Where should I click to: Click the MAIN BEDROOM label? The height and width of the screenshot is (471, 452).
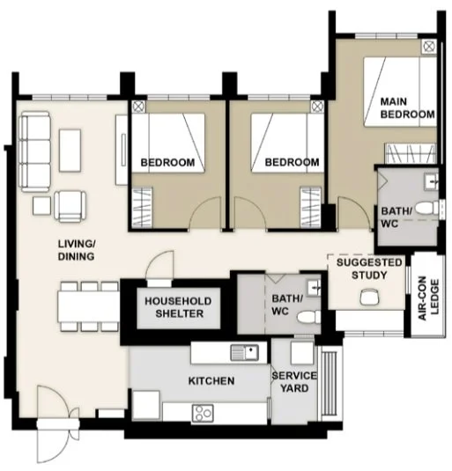(x=407, y=108)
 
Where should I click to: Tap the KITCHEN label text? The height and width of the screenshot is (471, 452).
(x=211, y=381)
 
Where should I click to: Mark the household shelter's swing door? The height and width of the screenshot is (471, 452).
(x=161, y=266)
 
